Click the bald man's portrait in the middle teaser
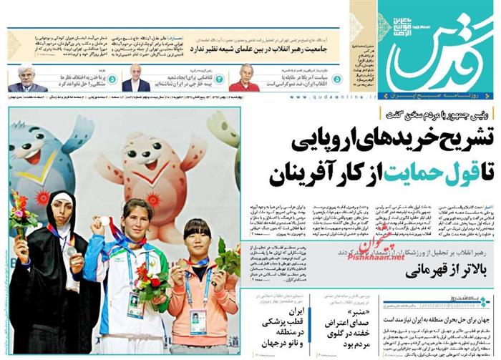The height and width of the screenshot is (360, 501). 135,78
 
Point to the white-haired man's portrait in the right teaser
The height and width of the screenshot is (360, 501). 248,77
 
